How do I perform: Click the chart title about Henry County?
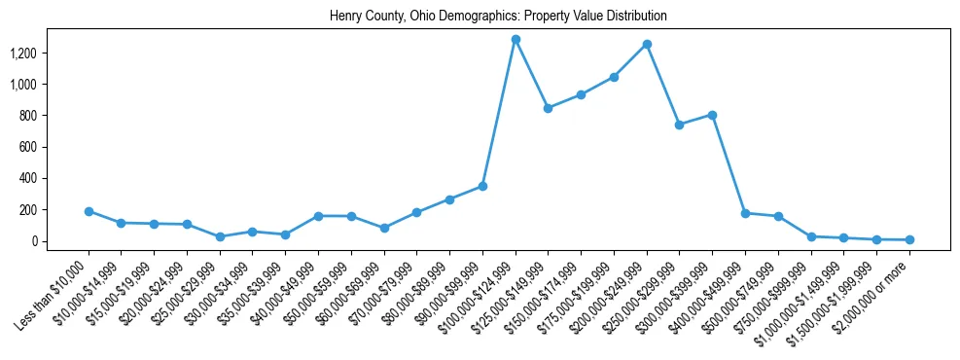(498, 17)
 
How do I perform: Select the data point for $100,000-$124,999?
(516, 40)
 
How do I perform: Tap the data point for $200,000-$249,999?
(647, 45)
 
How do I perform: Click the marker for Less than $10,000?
(89, 211)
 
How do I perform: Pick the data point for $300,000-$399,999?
(713, 115)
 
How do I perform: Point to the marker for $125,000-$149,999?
(549, 108)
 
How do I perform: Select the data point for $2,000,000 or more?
(909, 239)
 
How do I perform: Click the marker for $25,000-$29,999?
(220, 236)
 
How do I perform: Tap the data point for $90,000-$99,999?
(482, 186)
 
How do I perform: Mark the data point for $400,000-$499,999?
(745, 213)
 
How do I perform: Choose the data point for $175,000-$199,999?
(614, 77)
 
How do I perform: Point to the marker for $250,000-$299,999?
(680, 125)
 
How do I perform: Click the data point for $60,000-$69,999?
(384, 228)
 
